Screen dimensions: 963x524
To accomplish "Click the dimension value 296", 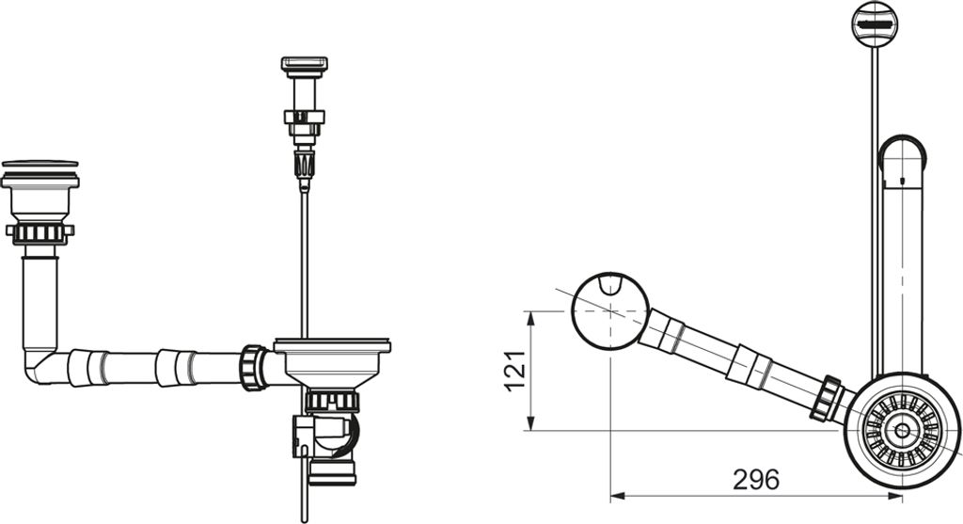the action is click(x=756, y=479).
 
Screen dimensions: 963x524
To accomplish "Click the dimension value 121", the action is click(x=515, y=371).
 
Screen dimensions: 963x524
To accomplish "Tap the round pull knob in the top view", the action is click(x=875, y=24).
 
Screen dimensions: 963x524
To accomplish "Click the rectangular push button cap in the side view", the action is click(x=304, y=63).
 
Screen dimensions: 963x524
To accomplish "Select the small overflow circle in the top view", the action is click(x=609, y=311).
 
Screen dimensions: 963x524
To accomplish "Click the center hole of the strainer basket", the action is click(x=902, y=430).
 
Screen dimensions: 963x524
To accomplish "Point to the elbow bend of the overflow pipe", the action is click(x=40, y=366).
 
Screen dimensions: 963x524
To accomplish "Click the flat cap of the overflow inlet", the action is click(x=40, y=164).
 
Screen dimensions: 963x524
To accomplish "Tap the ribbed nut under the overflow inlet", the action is click(x=39, y=232).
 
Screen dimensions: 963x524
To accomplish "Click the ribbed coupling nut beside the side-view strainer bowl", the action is click(x=252, y=368).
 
